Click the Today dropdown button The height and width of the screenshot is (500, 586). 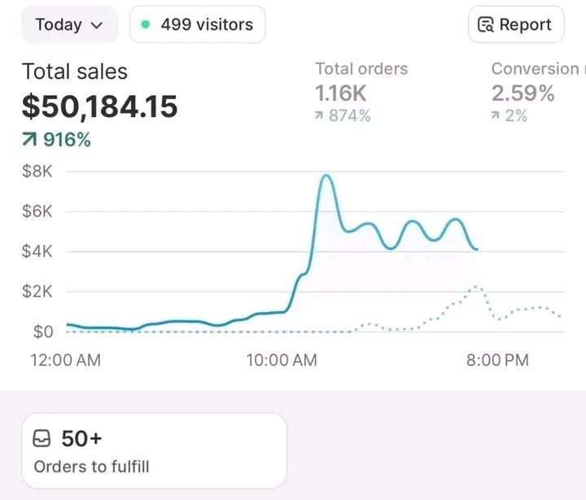coord(69,24)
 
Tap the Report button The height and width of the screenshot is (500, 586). coord(516,24)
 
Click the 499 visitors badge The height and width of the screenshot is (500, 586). coord(197,24)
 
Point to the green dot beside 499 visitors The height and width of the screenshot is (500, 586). coord(146,24)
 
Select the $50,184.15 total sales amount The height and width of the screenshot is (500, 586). coord(99,107)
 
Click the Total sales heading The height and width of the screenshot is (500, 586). coord(75,72)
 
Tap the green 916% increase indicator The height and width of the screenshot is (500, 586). coord(57,140)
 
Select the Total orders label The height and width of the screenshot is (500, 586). coord(361,69)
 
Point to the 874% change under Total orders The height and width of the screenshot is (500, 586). coord(343,116)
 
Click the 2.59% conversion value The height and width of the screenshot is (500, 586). coord(523,93)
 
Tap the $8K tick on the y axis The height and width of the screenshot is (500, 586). coord(37,172)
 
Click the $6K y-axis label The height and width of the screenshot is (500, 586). coord(37,211)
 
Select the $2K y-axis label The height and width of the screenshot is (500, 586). coord(37,291)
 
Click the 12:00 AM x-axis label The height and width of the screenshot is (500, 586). coord(66,360)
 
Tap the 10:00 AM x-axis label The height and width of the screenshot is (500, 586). coord(282,360)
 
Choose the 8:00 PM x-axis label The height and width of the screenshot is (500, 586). coord(497,360)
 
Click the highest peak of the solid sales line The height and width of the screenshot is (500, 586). coord(326,176)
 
